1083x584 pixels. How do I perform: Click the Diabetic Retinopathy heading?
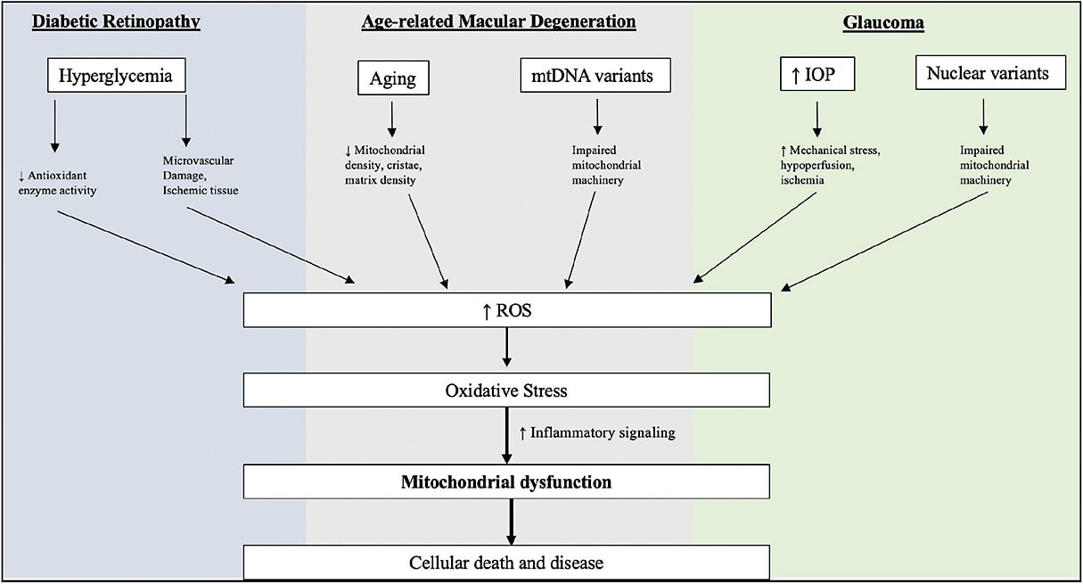tap(116, 21)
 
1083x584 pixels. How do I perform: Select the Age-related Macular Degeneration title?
tap(498, 21)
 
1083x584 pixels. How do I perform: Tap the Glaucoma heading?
tap(883, 23)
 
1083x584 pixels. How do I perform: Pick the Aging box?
tap(393, 78)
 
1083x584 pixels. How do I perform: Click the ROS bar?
tap(507, 311)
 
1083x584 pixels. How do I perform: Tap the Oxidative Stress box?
tap(507, 391)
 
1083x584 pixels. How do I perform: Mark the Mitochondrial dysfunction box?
tap(507, 482)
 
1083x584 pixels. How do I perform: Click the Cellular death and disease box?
tap(507, 563)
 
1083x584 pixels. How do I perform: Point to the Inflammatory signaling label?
tap(597, 433)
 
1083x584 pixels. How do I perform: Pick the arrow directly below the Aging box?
tap(392, 118)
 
